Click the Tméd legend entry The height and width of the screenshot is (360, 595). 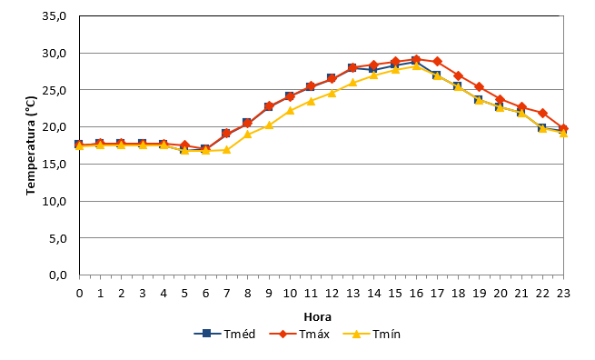pyautogui.click(x=224, y=335)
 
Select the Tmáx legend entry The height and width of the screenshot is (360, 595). pyautogui.click(x=300, y=335)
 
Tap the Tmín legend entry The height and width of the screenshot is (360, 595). pyautogui.click(x=372, y=335)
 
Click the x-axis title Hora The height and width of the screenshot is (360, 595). pyautogui.click(x=318, y=316)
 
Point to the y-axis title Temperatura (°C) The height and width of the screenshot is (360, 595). pyautogui.click(x=31, y=145)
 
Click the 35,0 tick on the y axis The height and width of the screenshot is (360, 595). pyautogui.click(x=55, y=16)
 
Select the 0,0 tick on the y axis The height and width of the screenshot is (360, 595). pyautogui.click(x=57, y=275)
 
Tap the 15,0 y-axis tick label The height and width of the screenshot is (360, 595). pyautogui.click(x=55, y=164)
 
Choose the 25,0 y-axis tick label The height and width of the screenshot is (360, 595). pyautogui.click(x=55, y=90)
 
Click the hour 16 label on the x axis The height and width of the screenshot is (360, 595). pyautogui.click(x=416, y=294)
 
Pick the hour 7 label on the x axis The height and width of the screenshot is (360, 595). pyautogui.click(x=226, y=294)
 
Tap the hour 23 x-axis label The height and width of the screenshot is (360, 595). pyautogui.click(x=563, y=294)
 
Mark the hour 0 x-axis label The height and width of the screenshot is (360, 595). pyautogui.click(x=79, y=294)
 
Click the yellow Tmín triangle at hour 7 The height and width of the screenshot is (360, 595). pyautogui.click(x=226, y=150)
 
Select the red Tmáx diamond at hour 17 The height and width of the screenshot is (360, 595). pyautogui.click(x=437, y=61)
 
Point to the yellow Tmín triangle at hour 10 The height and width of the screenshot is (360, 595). pyautogui.click(x=290, y=111)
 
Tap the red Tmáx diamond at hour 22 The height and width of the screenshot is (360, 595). pyautogui.click(x=542, y=113)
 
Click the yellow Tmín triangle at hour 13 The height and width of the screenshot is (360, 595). pyautogui.click(x=352, y=83)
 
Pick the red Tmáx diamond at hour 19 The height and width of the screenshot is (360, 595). pyautogui.click(x=480, y=87)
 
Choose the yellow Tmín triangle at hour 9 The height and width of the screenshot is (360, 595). pyautogui.click(x=269, y=125)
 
